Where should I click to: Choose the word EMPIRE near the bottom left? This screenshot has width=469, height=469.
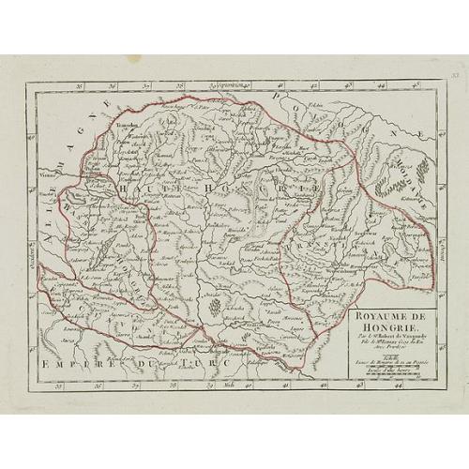tap(69, 360)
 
